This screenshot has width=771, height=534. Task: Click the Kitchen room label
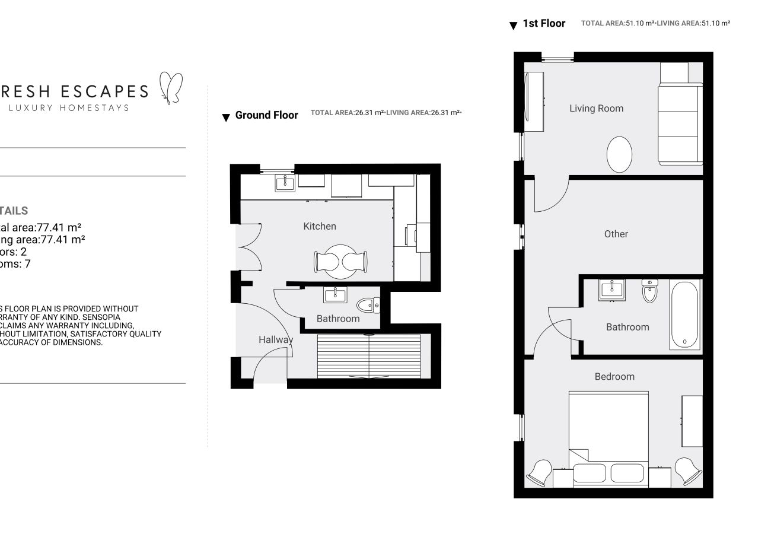click(320, 226)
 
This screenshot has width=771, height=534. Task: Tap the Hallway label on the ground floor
click(275, 340)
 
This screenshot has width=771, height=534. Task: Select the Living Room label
click(596, 109)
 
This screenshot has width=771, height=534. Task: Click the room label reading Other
click(616, 234)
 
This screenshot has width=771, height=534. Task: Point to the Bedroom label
click(614, 376)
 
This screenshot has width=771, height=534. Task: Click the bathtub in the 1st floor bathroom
click(685, 314)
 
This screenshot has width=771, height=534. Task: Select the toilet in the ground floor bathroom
click(368, 306)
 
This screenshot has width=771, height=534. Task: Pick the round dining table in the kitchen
click(340, 262)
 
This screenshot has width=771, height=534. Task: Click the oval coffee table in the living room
click(620, 155)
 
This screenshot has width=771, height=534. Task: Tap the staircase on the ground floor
click(369, 356)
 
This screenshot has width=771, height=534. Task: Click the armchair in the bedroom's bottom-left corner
click(539, 472)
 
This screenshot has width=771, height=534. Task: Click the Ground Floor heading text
click(266, 115)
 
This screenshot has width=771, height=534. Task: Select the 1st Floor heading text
click(543, 24)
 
